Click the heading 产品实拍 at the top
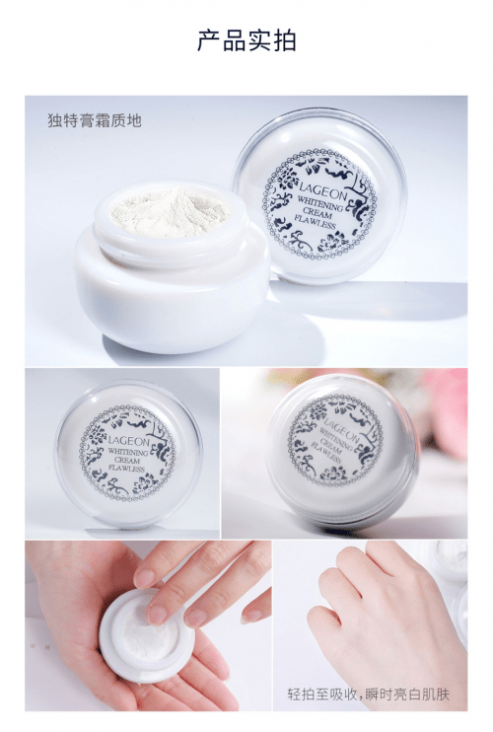pyautogui.click(x=246, y=40)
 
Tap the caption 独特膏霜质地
pyautogui.click(x=95, y=120)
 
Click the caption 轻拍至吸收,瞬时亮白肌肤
pyautogui.click(x=368, y=695)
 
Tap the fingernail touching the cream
pyautogui.click(x=157, y=614)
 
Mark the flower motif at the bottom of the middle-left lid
pyautogui.click(x=145, y=483)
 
